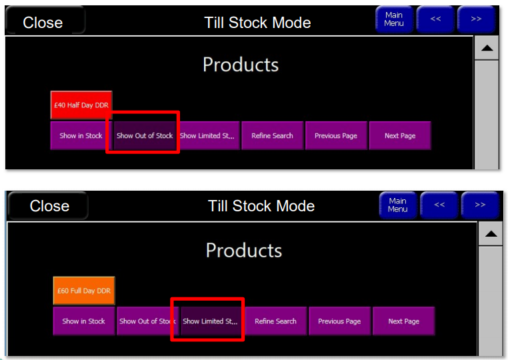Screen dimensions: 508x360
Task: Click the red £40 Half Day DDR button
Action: coord(81,105)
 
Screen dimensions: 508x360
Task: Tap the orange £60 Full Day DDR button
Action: coord(84,291)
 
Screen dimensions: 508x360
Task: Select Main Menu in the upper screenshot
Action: coord(394,19)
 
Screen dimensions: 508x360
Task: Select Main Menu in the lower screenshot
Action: coord(398,205)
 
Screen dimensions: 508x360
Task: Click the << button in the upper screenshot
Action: coord(435,19)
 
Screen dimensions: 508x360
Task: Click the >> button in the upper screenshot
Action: coord(476,19)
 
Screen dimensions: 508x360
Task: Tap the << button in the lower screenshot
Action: coord(439,205)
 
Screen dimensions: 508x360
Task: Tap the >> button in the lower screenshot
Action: coord(480,205)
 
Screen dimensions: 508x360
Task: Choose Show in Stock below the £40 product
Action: coord(81,135)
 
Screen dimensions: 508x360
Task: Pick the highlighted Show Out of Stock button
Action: coord(145,135)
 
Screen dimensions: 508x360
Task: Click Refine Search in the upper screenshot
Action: coord(272,135)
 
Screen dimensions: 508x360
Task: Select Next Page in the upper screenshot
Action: coord(400,135)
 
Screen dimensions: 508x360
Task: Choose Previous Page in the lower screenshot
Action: coord(339,321)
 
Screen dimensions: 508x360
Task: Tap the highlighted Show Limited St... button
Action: coord(210,321)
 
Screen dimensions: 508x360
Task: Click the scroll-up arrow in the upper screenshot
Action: coord(487,48)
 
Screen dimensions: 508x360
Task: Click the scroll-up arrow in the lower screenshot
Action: coord(491,234)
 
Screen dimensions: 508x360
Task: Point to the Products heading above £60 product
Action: coord(244,251)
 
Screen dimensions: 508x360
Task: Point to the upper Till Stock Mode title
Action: coord(257,23)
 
